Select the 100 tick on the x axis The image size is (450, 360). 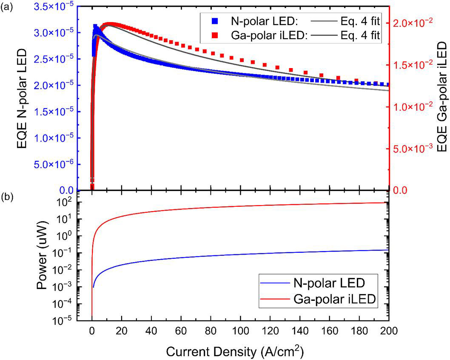point(240,331)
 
